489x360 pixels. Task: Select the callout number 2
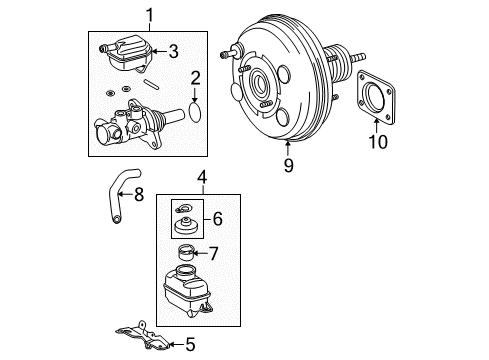(x=197, y=76)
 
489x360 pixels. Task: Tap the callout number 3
(x=173, y=52)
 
